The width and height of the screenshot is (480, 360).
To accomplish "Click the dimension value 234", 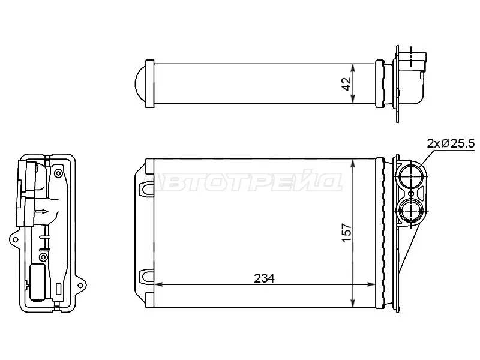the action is (x=264, y=278).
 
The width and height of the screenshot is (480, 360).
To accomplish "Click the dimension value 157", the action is (x=347, y=233).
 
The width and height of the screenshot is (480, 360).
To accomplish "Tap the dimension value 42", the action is (x=346, y=84).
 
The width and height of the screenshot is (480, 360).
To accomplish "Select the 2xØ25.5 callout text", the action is (x=451, y=143).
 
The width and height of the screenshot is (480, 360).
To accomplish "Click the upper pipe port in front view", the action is (x=411, y=176).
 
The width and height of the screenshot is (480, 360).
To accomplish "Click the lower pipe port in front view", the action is (x=411, y=211).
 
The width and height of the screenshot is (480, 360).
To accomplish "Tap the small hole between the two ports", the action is (x=411, y=194).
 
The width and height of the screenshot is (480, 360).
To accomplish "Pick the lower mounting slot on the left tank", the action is (x=146, y=276).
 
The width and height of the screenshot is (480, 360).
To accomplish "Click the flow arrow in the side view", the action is (x=42, y=211).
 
